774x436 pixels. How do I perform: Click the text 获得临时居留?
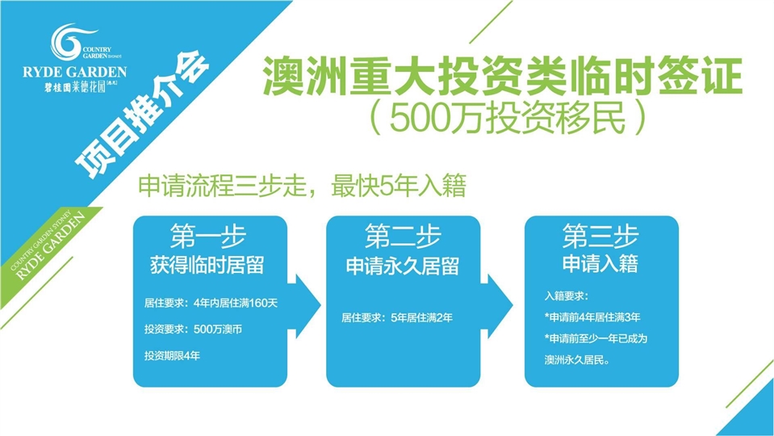[208, 266]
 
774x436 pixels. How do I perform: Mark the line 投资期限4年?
[171, 354]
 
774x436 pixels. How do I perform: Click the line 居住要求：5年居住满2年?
[396, 318]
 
